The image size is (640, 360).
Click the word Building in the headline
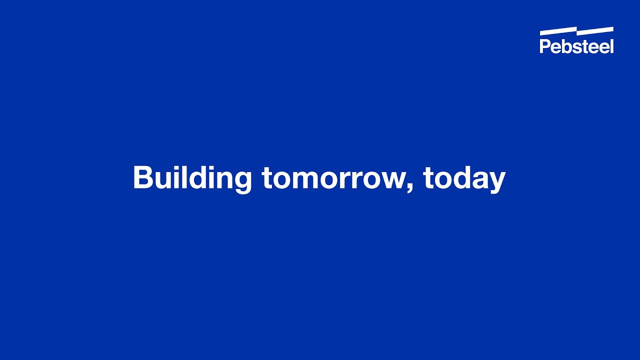coord(192,178)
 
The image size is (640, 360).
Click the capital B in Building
coord(142,177)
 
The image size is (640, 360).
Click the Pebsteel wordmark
coord(576,46)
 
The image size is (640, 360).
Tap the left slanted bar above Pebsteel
coord(558,31)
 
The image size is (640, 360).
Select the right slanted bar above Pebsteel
coord(595,31)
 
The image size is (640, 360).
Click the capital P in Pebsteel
coord(544,46)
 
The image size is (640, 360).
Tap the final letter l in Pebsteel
coord(611,46)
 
